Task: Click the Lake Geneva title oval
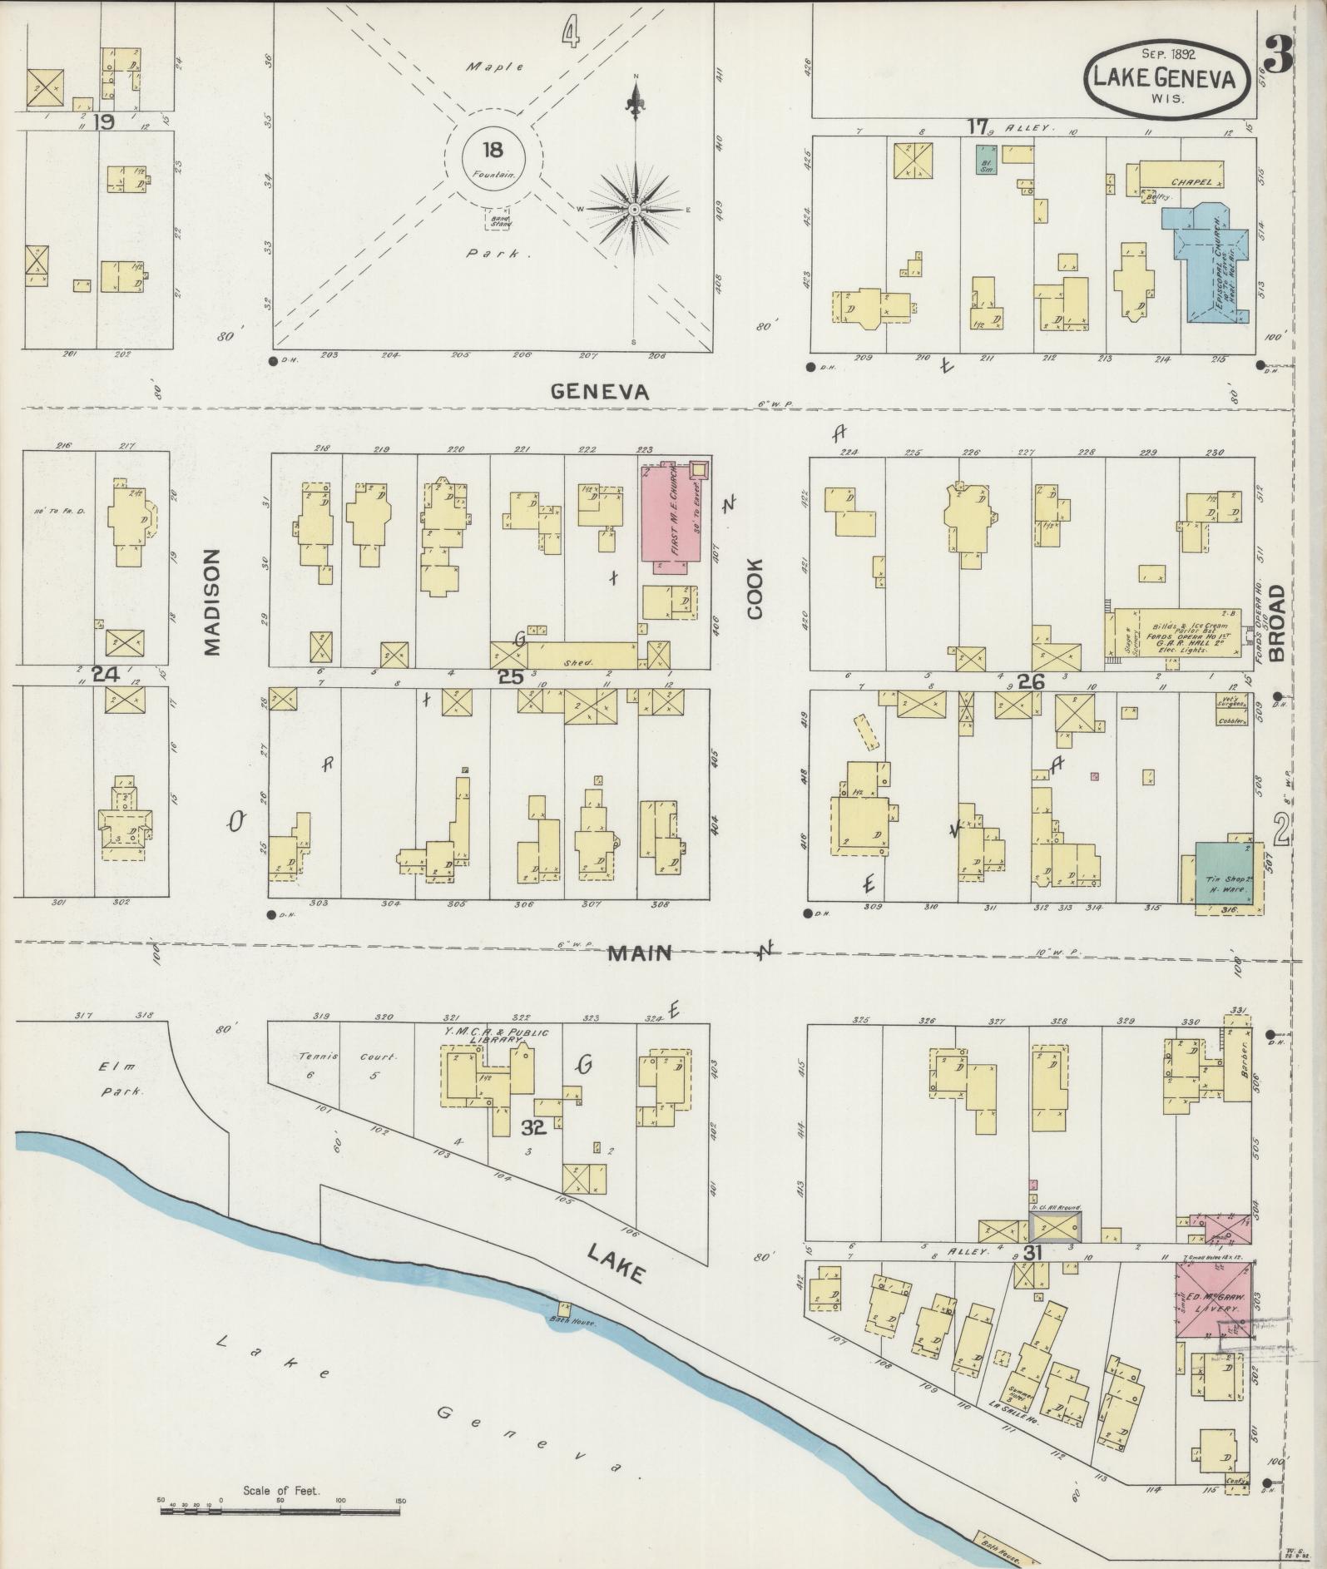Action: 1167,77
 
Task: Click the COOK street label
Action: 755,588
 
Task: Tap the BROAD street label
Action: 1276,621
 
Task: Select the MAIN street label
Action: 639,953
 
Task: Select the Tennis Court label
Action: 345,1057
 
